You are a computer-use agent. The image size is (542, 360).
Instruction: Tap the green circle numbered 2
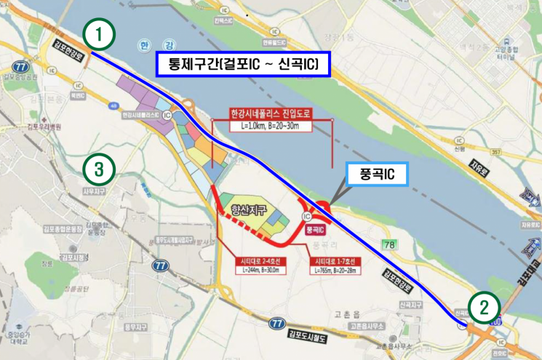click(x=483, y=307)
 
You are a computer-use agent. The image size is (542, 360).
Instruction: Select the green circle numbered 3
click(x=99, y=169)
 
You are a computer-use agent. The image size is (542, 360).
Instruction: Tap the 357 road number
click(x=497, y=152)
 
